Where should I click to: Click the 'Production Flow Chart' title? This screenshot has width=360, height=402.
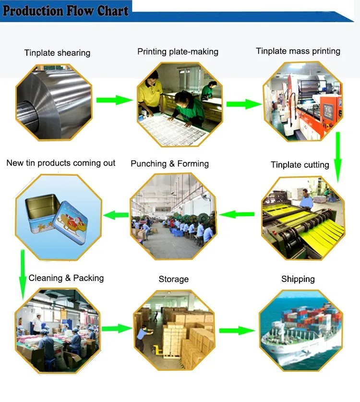pyautogui.click(x=66, y=11)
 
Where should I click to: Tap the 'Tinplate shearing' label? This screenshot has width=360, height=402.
pyautogui.click(x=57, y=53)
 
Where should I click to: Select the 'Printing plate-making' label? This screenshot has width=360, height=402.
pyautogui.click(x=178, y=51)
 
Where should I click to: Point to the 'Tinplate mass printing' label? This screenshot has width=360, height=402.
pyautogui.click(x=298, y=51)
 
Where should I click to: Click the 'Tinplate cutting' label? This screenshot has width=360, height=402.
pyautogui.click(x=300, y=165)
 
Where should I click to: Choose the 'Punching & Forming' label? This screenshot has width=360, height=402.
pyautogui.click(x=169, y=164)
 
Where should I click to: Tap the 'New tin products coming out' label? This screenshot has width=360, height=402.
pyautogui.click(x=61, y=163)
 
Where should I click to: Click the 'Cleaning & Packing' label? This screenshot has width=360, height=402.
pyautogui.click(x=66, y=278)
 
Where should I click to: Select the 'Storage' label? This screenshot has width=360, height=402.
pyautogui.click(x=174, y=279)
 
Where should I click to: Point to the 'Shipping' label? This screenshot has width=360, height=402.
pyautogui.click(x=298, y=279)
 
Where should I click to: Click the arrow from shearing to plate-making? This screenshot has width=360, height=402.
pyautogui.click(x=114, y=100)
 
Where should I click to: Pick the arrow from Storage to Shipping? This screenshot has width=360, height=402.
pyautogui.click(x=237, y=330)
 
